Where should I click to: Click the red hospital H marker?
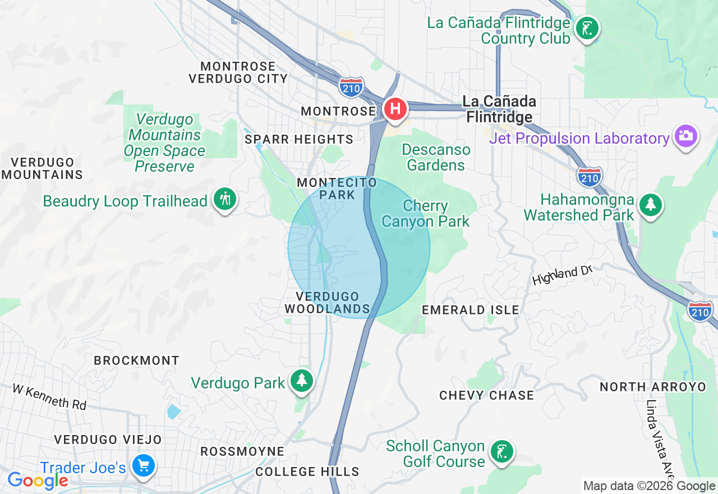tap(395, 108)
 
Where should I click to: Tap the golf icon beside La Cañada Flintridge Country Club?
tap(587, 28)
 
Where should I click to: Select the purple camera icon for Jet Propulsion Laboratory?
tap(685, 136)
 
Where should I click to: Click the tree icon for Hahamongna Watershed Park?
tap(650, 204)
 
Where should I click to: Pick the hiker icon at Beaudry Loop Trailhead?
tap(225, 199)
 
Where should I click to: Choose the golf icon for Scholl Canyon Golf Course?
tap(501, 451)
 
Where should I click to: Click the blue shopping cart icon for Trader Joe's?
tap(143, 465)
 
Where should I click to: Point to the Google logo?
tap(38, 481)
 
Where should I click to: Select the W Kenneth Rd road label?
tap(49, 396)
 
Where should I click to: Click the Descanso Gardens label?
tap(436, 158)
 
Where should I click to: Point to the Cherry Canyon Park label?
tap(425, 214)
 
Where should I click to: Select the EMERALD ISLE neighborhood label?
tap(470, 310)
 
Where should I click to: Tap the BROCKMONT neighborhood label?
tap(136, 360)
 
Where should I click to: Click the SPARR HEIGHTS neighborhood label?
tap(299, 139)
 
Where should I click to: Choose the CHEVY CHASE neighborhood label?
tap(486, 395)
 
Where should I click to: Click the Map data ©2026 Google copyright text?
tap(649, 486)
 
